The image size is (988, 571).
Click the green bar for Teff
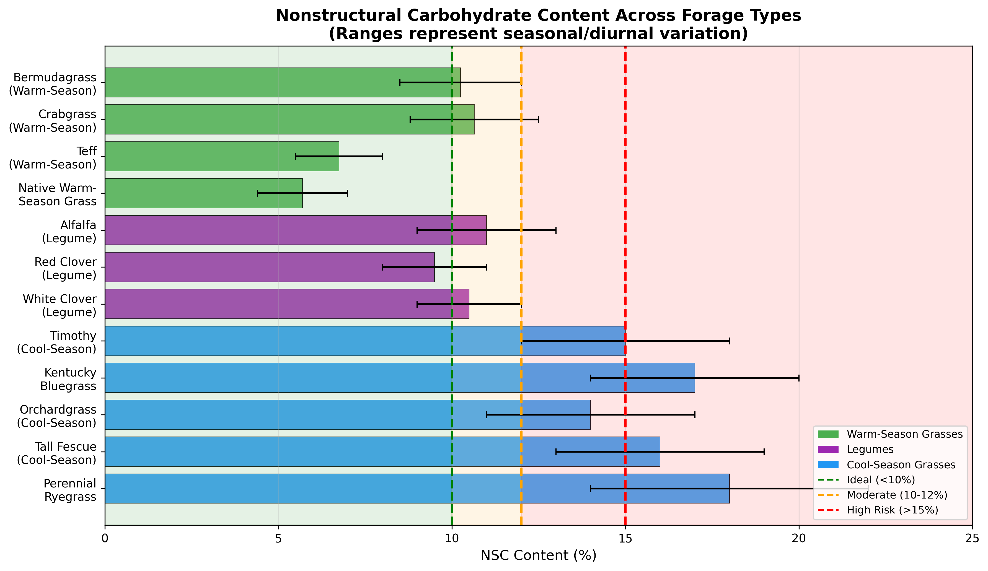[221, 156]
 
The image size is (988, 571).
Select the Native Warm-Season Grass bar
[203, 193]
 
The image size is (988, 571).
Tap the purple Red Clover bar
[269, 267]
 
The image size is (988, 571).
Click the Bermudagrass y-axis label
[53, 84]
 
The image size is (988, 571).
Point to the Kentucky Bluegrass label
[68, 379]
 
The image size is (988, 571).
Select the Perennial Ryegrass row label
[70, 490]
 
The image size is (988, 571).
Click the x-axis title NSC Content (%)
[538, 555]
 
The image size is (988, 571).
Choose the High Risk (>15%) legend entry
[892, 510]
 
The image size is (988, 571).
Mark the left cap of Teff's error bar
[296, 156]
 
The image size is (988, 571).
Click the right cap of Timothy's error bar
[729, 341]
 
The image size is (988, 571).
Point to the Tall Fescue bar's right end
[659, 451]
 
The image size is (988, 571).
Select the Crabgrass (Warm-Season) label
[53, 121]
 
